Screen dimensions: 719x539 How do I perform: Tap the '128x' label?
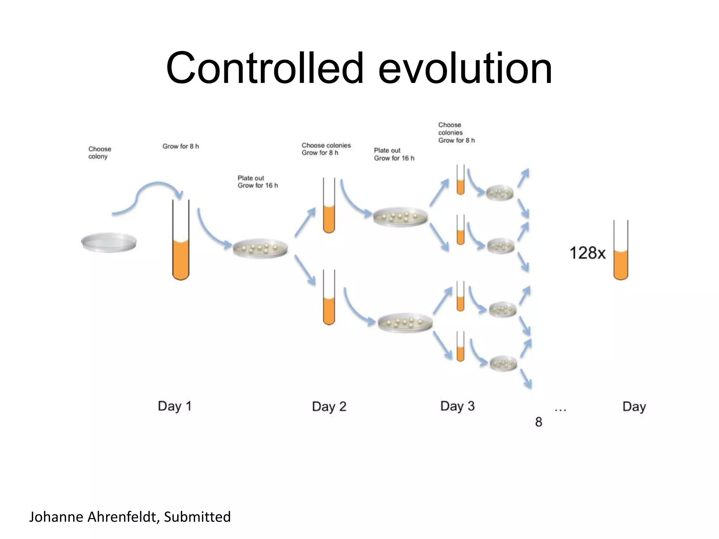point(587,253)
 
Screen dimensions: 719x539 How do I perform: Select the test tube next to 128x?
point(620,251)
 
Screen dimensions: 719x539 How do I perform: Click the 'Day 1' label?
point(174,406)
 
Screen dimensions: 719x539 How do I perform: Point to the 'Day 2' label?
point(329,406)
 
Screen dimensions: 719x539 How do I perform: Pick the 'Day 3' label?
point(457,406)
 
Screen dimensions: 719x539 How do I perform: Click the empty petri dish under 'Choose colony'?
point(109,242)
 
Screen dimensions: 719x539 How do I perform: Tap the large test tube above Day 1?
point(181,242)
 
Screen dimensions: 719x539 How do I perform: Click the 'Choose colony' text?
point(99,153)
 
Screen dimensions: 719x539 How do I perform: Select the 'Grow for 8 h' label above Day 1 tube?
point(180,146)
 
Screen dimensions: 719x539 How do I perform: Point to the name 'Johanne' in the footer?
point(56,517)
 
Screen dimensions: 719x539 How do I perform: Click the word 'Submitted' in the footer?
point(197,517)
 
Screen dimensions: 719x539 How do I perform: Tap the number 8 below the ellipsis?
point(538,422)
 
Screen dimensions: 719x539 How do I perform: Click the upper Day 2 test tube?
point(329,207)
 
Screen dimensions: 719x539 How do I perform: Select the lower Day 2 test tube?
point(329,298)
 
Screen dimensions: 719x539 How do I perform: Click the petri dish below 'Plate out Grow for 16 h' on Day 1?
point(260,248)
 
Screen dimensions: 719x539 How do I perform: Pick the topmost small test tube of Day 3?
point(460,181)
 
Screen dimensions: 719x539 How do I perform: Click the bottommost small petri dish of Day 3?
point(503,363)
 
